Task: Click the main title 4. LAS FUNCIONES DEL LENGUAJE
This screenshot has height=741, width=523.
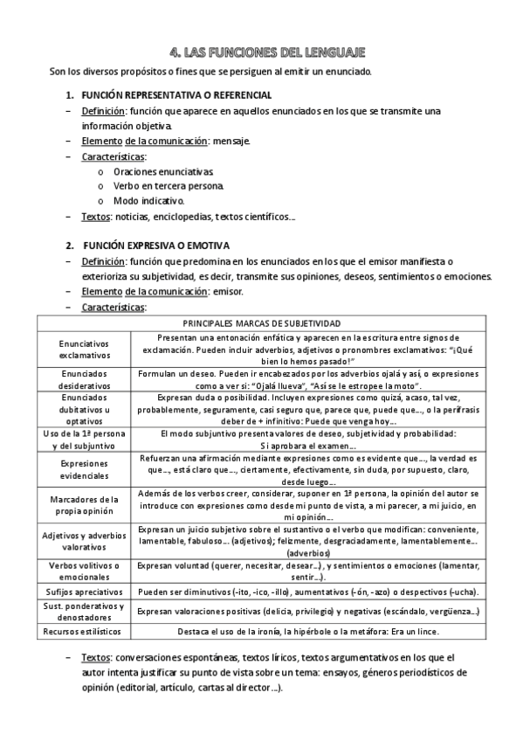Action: click(x=261, y=53)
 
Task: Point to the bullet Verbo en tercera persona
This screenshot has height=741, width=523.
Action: click(x=169, y=186)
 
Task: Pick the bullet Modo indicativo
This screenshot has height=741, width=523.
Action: click(x=149, y=201)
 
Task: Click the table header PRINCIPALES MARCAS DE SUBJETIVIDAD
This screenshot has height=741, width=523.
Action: click(x=262, y=323)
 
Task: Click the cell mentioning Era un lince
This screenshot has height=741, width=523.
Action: click(x=319, y=631)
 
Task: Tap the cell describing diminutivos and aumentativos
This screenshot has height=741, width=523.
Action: click(x=319, y=592)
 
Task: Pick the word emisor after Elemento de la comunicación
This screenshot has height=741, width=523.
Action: click(x=229, y=291)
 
